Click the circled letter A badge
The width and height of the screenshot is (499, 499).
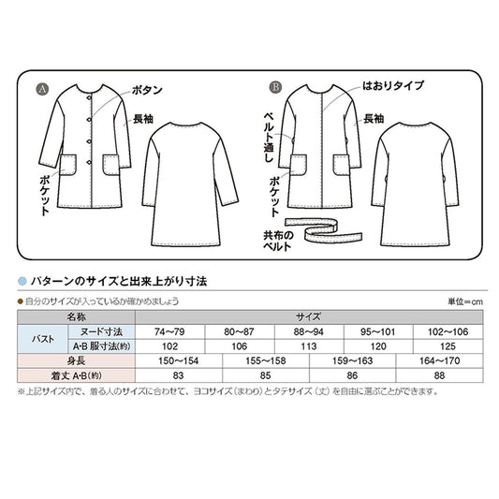[42, 90]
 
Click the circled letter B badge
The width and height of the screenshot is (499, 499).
[275, 87]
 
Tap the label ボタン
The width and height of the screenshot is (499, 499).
[147, 90]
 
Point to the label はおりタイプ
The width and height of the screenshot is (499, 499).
[393, 85]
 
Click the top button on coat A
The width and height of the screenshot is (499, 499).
[90, 97]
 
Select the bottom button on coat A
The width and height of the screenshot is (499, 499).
[89, 162]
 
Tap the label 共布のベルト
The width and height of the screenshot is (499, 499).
[278, 241]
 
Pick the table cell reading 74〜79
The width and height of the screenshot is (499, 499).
[170, 332]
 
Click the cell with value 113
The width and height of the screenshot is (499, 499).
[309, 346]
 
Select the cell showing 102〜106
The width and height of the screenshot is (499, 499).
[448, 332]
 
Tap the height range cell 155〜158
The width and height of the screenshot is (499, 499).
[266, 360]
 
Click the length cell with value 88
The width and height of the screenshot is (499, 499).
[439, 375]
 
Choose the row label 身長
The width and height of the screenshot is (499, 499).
[77, 360]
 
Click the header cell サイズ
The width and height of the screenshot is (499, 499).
[309, 317]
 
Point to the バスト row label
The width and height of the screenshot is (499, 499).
[43, 339]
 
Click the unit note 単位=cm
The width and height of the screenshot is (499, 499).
[465, 301]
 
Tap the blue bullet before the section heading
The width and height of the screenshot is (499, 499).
[22, 281]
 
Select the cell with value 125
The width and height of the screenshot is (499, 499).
[448, 346]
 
